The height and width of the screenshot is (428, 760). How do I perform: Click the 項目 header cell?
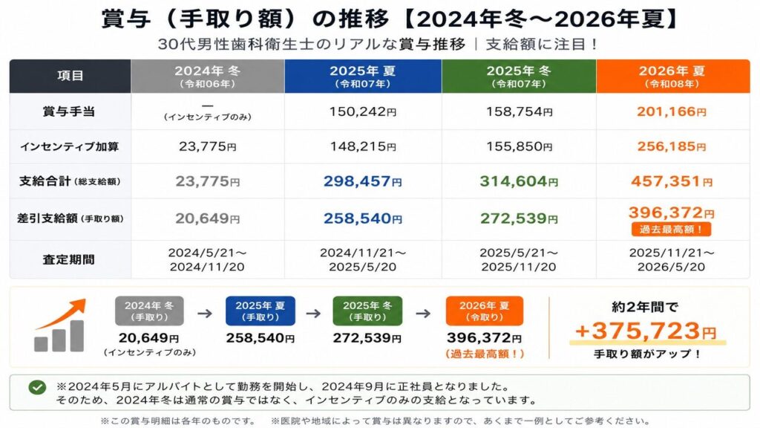coord(71,76)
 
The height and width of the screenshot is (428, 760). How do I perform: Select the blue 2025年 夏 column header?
coord(363,76)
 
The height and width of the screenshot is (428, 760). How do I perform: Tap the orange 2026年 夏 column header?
coord(672,76)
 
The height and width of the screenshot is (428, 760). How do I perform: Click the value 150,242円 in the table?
coord(363,111)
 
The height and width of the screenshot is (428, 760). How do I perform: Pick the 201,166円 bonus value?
coord(672,111)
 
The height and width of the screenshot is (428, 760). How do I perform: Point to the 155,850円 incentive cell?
coord(519,146)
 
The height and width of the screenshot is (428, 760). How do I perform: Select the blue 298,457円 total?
coord(363,181)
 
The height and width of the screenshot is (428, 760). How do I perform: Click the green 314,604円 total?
coord(519,181)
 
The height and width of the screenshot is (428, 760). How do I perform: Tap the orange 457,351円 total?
coord(672,181)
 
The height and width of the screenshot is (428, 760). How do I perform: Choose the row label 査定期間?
coord(69,259)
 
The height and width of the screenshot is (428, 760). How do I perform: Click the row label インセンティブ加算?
coord(69,146)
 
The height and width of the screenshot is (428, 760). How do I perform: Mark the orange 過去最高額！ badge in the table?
coord(671,229)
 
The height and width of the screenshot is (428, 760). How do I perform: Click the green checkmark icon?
coord(37,386)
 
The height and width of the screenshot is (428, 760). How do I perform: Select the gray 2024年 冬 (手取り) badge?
coord(149,311)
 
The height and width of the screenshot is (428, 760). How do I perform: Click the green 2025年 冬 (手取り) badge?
coord(367,311)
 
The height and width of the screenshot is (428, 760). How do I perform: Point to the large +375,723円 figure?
coord(646,331)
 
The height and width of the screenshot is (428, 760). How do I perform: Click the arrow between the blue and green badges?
coord(314,313)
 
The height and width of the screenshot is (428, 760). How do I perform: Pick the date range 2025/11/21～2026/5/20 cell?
coord(672,259)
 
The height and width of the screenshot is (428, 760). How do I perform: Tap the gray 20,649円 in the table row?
coord(208,218)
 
